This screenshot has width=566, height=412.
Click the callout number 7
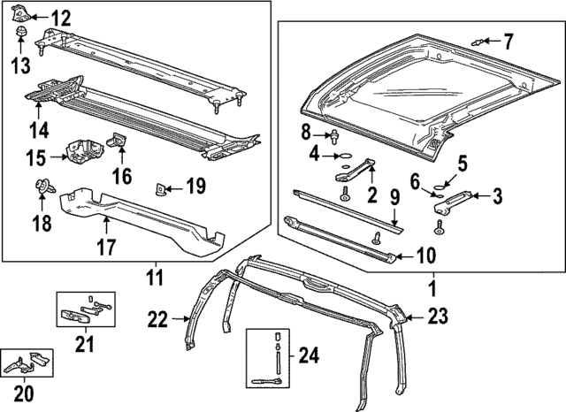(509, 41)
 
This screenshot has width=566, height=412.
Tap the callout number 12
(60, 18)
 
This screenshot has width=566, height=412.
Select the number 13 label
(19, 63)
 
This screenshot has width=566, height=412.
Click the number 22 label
(158, 319)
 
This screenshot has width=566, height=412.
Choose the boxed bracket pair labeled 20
(27, 362)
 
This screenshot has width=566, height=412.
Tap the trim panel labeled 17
(141, 217)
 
